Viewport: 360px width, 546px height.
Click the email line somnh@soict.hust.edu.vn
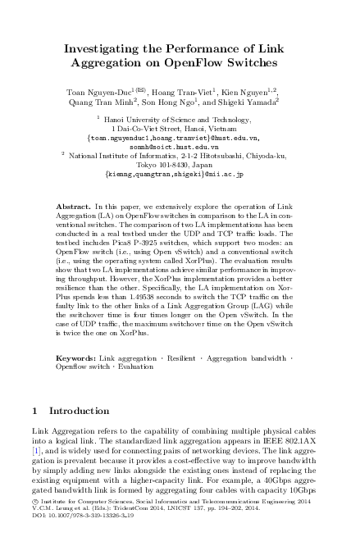(x=180, y=144)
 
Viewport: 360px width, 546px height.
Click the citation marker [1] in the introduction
(x=35, y=450)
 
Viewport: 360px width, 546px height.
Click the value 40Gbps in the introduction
(x=284, y=500)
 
